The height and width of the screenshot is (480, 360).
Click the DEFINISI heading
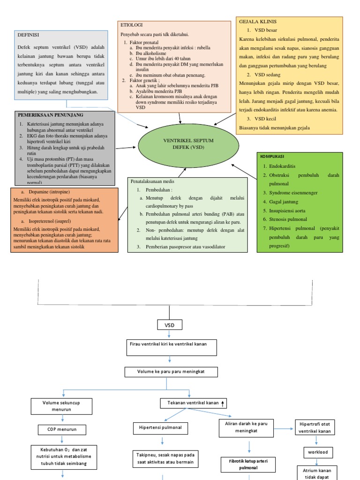28,35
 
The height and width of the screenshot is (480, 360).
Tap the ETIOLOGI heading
132,25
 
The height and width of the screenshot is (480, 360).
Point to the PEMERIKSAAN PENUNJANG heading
51,115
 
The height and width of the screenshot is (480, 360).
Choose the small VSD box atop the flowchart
169,325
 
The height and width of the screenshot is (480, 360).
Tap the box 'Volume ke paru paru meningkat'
171,372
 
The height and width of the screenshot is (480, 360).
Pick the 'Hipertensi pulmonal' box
161,428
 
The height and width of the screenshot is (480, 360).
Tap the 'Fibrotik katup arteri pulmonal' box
248,465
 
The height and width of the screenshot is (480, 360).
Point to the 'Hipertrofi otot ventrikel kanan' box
315,427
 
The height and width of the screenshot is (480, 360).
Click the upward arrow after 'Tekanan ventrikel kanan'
223,403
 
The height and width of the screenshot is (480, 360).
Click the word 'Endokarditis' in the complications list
282,166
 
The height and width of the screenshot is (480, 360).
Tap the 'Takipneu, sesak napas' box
165,458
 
